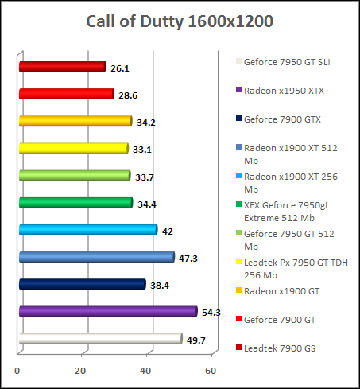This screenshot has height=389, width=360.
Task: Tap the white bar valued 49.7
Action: coord(99,339)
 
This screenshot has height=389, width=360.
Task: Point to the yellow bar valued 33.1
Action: coord(72,148)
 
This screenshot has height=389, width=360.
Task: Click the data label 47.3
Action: coord(188,258)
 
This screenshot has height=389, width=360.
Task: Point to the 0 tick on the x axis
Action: coord(17,371)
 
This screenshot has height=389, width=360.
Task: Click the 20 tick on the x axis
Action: coord(81,371)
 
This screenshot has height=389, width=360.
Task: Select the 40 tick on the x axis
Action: coord(145,371)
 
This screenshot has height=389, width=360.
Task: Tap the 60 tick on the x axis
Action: coord(210,371)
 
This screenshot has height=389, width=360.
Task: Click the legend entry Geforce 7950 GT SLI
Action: coord(288,61)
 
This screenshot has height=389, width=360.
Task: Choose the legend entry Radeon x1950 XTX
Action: coord(284,90)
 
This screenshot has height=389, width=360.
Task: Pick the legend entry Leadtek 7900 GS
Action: coord(279,348)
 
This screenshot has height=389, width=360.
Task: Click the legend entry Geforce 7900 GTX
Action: coord(281,119)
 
